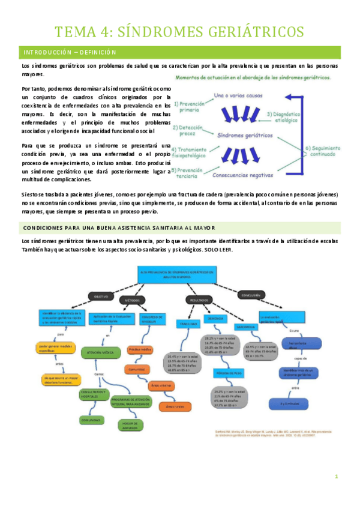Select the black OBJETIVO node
pos(100,297)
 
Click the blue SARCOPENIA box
pos(247,327)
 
